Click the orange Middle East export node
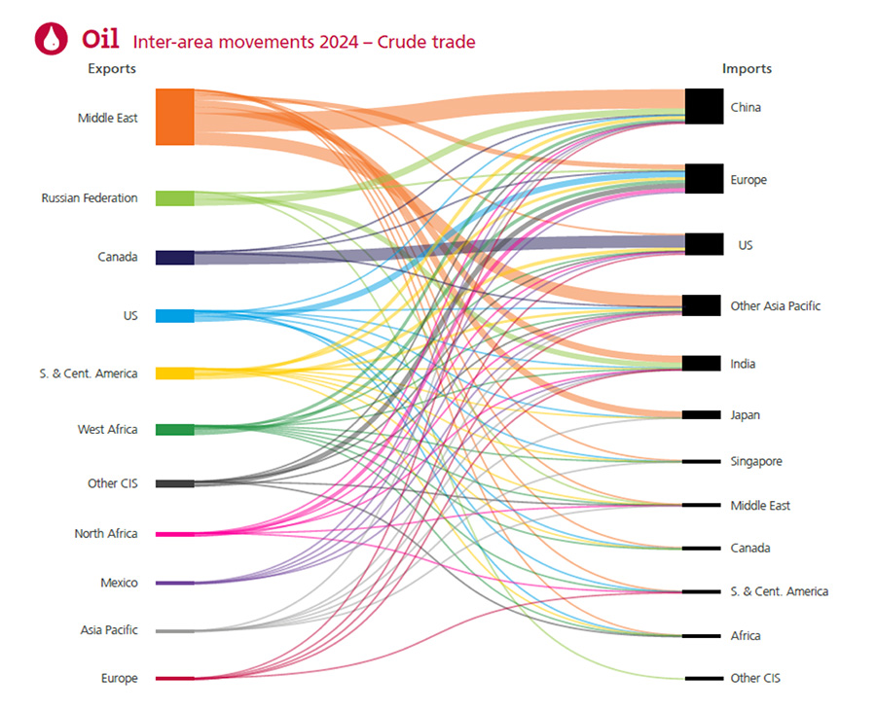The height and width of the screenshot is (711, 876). pos(175,117)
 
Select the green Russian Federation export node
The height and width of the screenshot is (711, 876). pos(175,198)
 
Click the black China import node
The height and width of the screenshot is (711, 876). pos(703,106)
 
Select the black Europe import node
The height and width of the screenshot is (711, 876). pos(703,179)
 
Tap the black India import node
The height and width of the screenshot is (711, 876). pos(701,364)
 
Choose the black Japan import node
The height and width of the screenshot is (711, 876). pos(701,415)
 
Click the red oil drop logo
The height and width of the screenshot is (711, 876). pos(51,38)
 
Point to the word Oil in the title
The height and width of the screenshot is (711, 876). pos(100,39)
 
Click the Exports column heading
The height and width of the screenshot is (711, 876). pos(112,69)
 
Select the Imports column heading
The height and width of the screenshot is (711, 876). pos(747,69)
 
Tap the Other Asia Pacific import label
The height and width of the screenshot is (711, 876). pos(776,306)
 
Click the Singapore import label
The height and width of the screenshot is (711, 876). pos(756,462)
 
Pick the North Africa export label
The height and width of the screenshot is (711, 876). pos(106,534)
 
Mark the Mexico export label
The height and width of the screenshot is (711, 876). pos(119,584)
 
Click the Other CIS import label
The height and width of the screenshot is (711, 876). pos(755,678)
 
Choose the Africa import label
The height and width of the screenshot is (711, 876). pos(746,636)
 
